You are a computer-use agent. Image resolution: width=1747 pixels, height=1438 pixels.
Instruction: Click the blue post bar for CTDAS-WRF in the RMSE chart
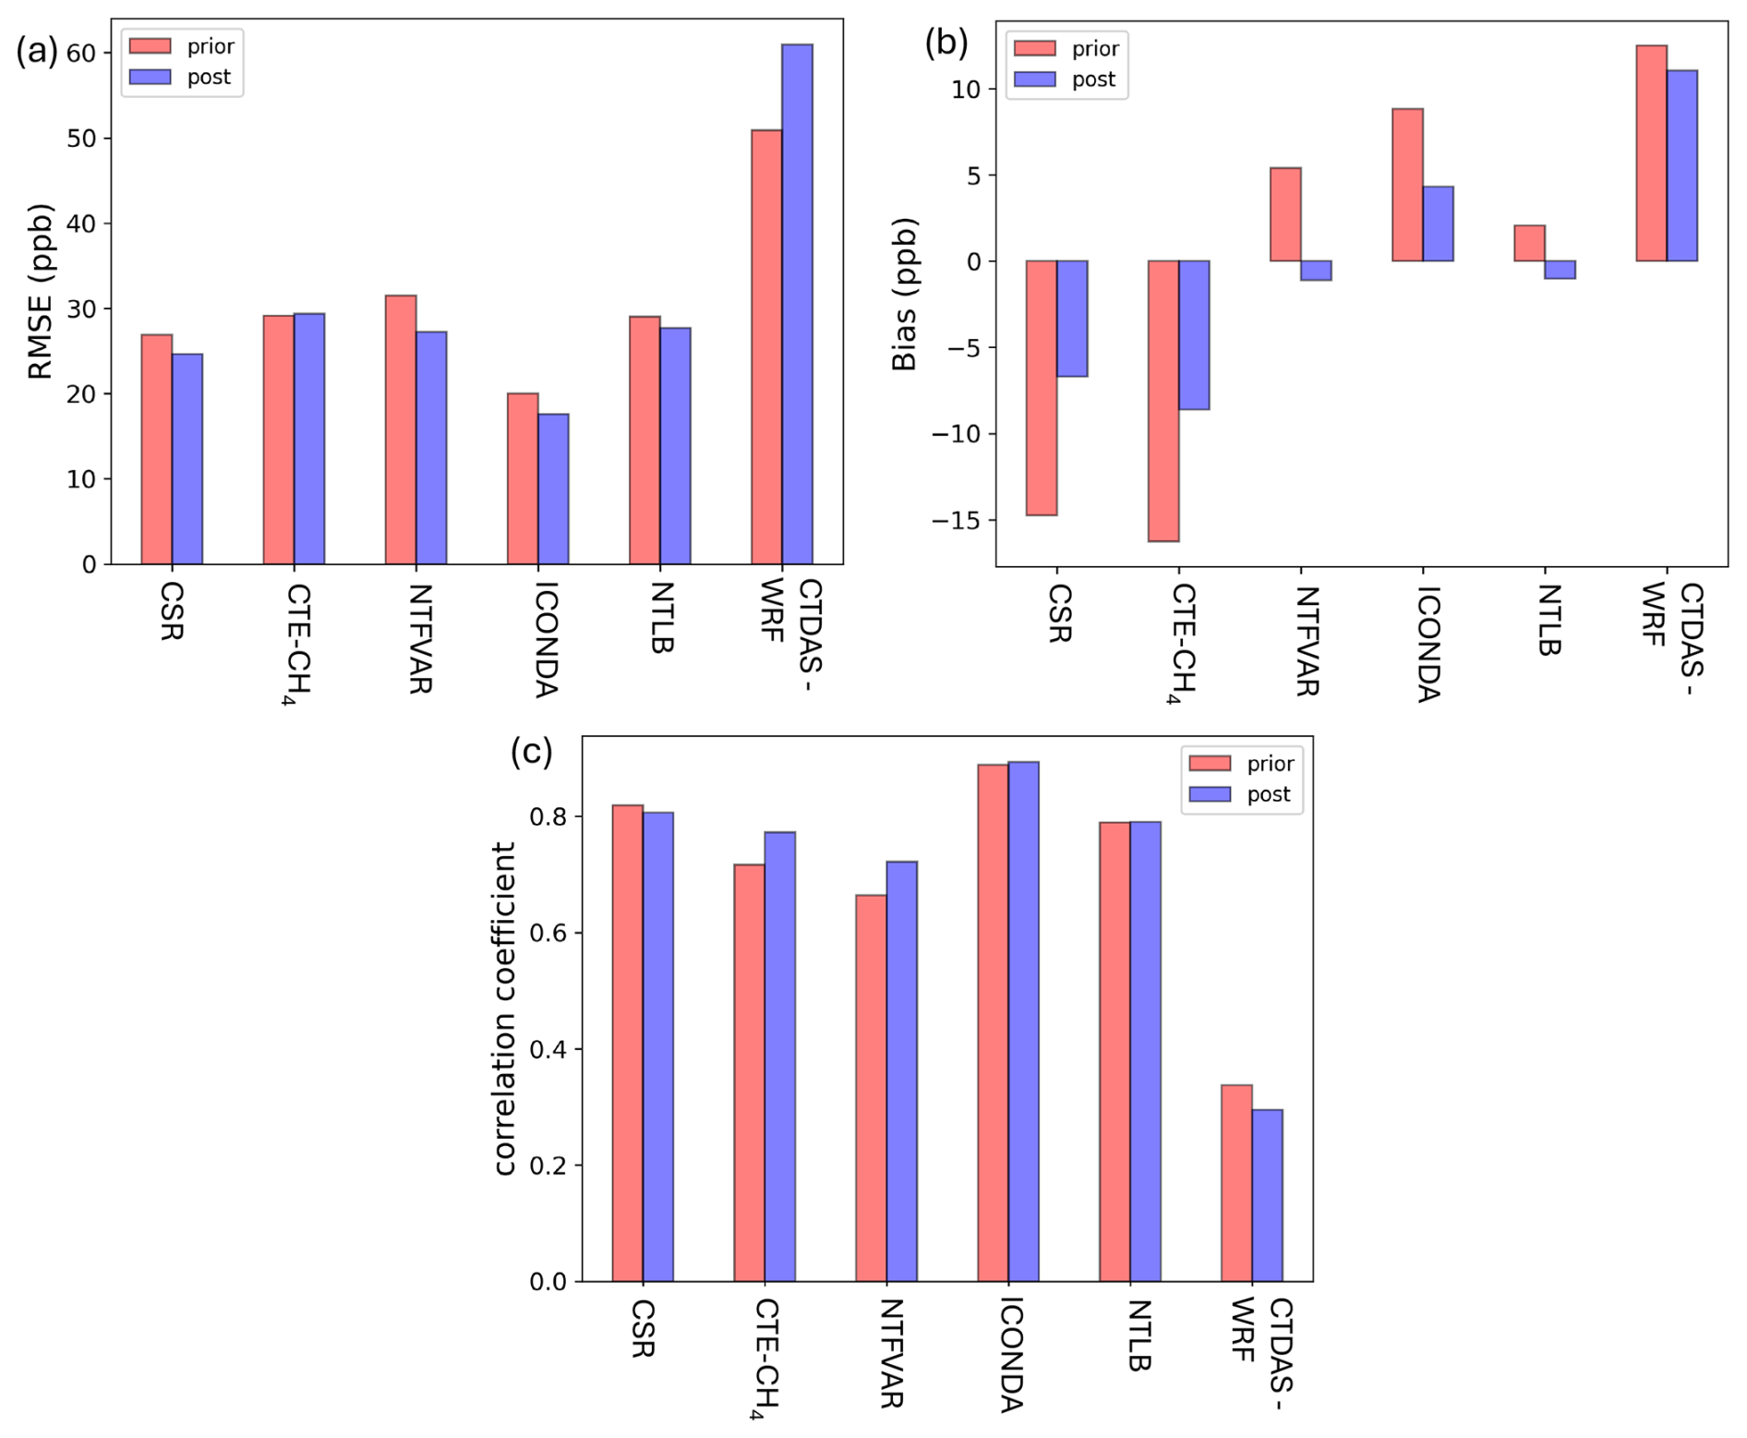click(797, 305)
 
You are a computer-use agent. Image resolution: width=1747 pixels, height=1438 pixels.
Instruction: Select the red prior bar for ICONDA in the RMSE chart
click(523, 478)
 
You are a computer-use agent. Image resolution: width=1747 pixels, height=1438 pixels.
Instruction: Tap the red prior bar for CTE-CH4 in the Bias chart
click(1163, 401)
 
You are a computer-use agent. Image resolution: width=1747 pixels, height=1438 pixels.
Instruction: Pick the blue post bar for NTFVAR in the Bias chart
click(1316, 271)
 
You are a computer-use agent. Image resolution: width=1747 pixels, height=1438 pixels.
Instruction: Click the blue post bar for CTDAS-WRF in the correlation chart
click(1267, 1195)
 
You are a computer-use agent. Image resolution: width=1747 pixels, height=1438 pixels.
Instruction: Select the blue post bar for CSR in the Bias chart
click(1072, 319)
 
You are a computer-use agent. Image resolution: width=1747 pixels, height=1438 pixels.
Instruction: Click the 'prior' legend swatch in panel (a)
click(150, 46)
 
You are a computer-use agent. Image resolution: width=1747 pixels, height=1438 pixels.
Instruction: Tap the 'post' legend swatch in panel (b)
click(1034, 79)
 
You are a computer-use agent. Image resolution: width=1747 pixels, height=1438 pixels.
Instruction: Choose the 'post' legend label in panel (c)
click(1268, 794)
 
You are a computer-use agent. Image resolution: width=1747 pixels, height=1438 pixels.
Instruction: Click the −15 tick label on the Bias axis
click(957, 521)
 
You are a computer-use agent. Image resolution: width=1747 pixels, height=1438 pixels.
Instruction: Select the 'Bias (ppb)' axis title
click(905, 295)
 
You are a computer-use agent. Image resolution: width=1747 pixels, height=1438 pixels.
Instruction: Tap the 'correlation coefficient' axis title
click(504, 1009)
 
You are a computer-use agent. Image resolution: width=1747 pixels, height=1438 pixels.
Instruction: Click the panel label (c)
click(532, 752)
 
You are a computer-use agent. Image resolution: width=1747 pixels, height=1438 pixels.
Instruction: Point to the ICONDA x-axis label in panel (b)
click(1428, 644)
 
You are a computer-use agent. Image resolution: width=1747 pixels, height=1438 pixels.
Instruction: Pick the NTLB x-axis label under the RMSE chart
click(662, 618)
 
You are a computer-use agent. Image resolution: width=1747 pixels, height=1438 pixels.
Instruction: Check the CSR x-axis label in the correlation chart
click(643, 1329)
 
